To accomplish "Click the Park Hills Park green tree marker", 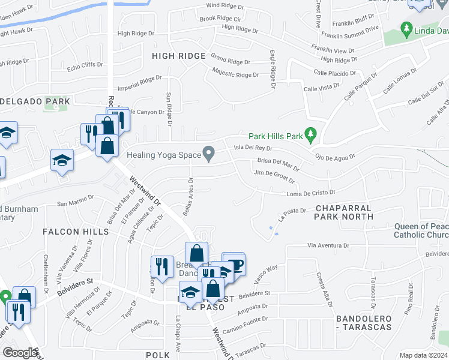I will [x=310, y=135].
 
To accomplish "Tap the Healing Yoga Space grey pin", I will [x=209, y=154].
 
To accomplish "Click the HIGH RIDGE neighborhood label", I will [x=178, y=56].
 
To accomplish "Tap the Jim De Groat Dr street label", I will [x=274, y=176].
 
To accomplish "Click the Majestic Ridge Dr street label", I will [x=235, y=74].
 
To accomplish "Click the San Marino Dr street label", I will [x=76, y=200].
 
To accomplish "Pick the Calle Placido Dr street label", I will [x=334, y=73].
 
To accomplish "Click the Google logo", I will [x=20, y=353].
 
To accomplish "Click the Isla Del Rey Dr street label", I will [x=253, y=148].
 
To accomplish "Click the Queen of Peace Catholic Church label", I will [x=420, y=230].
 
